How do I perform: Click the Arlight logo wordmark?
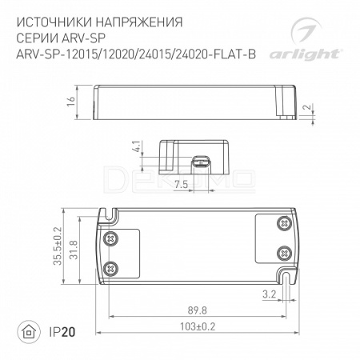305,54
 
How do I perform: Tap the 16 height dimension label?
71,102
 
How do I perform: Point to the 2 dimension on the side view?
308,107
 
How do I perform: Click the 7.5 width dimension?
181,184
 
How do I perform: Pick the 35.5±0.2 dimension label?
58,246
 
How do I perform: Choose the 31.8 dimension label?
74,250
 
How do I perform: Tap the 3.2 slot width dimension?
269,294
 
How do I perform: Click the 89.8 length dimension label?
197,310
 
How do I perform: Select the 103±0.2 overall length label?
198,326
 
